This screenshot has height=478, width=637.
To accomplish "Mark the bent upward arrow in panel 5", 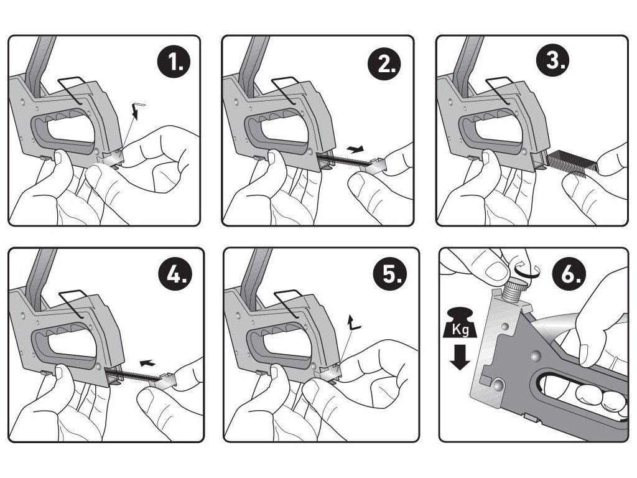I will (x=354, y=322).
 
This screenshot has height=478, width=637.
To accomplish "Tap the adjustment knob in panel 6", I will (x=516, y=289).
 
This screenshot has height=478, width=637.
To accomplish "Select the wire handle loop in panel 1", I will (x=75, y=90).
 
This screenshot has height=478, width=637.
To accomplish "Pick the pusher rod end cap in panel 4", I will (x=168, y=377).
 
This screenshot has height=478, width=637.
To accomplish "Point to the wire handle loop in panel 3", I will (x=503, y=90).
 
